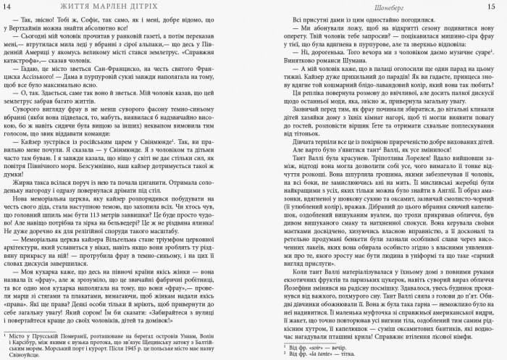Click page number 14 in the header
tap(9, 7)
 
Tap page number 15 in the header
tap(498, 7)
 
